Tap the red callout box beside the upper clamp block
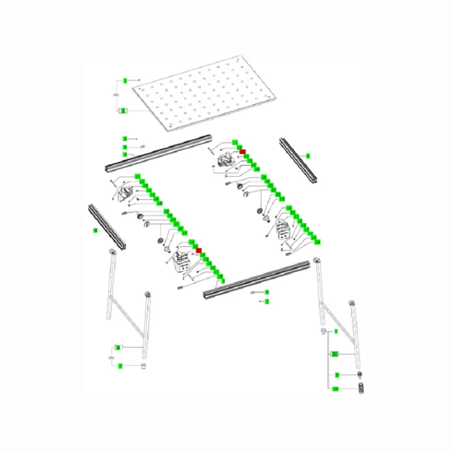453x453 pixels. coord(242,151)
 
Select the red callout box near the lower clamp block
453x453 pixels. coord(198,250)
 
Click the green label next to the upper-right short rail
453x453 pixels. coord(307,155)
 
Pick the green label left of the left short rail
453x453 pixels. coord(95,230)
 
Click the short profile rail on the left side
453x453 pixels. coord(106,226)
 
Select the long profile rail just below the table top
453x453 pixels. coord(159,156)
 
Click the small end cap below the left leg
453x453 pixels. coord(144,366)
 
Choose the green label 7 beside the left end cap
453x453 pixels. coord(120,366)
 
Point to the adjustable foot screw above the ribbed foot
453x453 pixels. coord(359,375)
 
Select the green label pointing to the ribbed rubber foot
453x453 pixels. coord(335,389)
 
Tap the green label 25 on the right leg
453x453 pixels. coord(335,354)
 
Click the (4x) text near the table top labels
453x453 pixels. coord(116,95)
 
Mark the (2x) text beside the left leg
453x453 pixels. coord(112,357)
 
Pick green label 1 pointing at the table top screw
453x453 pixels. coord(125,80)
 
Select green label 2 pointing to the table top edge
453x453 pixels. coord(123,111)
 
